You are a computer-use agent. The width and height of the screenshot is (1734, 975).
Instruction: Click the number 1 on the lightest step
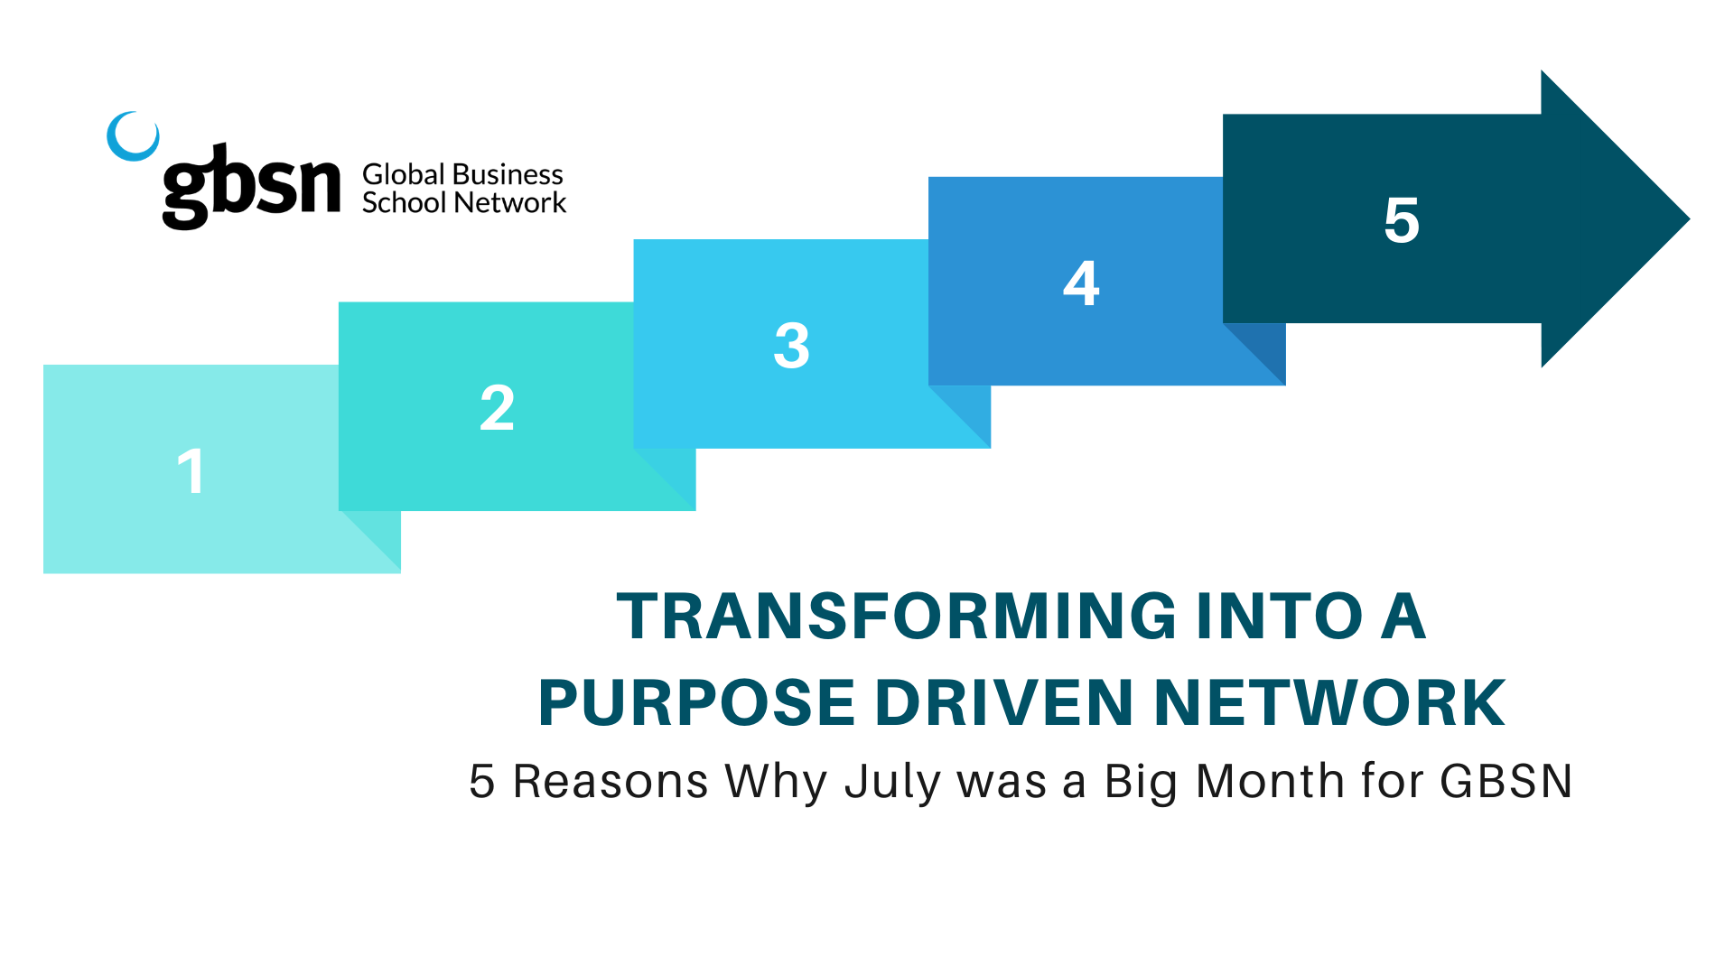191,471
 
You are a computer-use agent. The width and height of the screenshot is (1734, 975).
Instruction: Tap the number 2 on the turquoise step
498,407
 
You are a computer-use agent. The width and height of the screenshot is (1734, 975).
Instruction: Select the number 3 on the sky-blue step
792,345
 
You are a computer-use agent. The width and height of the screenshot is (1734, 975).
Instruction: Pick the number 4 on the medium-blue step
1081,283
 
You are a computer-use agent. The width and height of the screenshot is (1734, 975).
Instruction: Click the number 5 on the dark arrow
1402,219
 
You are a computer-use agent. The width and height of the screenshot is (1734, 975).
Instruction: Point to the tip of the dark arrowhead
1689,218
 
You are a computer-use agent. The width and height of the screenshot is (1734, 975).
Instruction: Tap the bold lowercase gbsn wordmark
252,186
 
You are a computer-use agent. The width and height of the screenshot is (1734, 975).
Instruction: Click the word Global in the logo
404,174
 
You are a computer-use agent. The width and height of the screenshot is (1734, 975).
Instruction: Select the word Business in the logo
508,174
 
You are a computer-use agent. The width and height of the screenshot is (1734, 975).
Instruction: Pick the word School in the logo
405,202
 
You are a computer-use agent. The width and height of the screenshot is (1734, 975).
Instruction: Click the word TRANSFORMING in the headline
897,617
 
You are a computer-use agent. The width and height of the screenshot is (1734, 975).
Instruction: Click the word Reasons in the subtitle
611,781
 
